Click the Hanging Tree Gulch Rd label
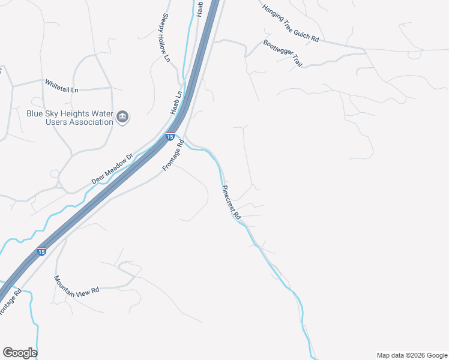[x=291, y=23]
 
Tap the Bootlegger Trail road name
[x=282, y=54]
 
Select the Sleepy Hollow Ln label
[x=166, y=38]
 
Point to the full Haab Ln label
[x=176, y=104]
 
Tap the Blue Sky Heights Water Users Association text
[x=70, y=117]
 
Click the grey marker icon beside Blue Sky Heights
[x=123, y=116]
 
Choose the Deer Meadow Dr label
[x=111, y=172]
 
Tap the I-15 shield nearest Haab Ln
[x=170, y=137]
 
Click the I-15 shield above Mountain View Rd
[x=41, y=251]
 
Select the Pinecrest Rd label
[x=232, y=202]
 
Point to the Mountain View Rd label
[x=76, y=287]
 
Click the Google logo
[x=20, y=353]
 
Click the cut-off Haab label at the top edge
[x=200, y=8]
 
